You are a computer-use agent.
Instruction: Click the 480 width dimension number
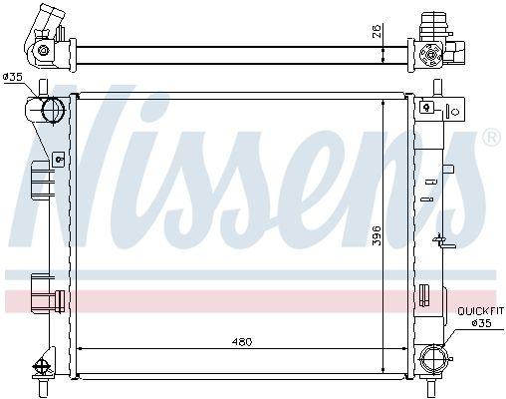point(242,341)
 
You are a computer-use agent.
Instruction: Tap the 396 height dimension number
point(377,235)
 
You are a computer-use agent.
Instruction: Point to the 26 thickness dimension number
point(377,32)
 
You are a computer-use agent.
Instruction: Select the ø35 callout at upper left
point(12,77)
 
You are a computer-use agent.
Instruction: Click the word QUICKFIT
point(480,311)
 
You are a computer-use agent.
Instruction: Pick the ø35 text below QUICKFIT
point(481,323)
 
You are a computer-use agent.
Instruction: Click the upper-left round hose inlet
point(53,109)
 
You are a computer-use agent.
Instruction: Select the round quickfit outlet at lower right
point(432,359)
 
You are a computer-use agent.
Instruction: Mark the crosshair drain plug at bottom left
point(42,367)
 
